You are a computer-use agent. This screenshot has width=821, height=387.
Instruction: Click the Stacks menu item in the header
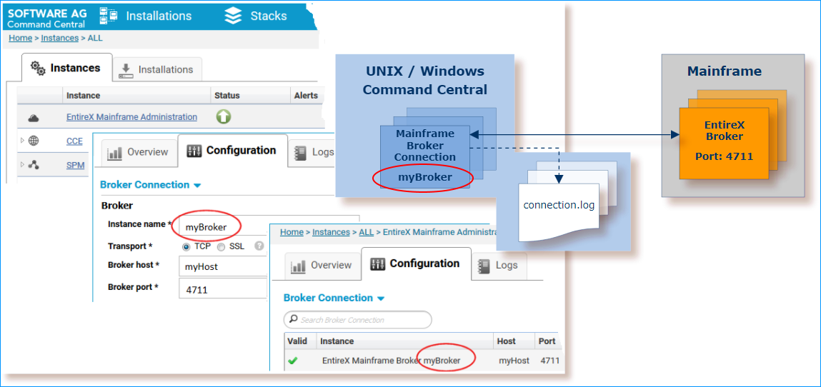coord(256,16)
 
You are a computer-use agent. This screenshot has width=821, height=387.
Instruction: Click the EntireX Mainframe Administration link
coord(131,117)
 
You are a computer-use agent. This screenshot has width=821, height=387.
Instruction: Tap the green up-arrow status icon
coord(224,117)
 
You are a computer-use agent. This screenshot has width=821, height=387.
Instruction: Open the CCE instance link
coord(74,141)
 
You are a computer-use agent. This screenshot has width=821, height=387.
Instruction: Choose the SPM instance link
coord(76,165)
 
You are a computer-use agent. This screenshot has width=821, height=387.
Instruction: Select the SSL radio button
coord(221,246)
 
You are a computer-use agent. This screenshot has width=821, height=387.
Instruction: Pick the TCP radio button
coord(186,246)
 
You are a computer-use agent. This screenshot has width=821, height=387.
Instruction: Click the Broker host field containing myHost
coord(222,267)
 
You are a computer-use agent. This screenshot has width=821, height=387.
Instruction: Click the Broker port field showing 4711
coord(222,289)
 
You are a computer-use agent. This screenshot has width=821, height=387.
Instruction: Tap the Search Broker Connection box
coord(357,320)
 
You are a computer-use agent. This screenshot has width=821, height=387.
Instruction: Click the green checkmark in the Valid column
coord(293,361)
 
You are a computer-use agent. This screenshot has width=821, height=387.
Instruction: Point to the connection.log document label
coord(559,205)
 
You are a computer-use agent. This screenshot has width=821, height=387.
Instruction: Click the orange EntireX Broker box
coord(724,144)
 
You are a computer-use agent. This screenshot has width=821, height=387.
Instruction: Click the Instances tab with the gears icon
coord(66,68)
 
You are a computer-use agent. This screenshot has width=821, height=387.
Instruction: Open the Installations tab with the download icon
coord(158,69)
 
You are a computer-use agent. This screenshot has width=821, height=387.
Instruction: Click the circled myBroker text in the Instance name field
coord(206,227)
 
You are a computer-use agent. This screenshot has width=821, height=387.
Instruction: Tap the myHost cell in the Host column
coord(514,361)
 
